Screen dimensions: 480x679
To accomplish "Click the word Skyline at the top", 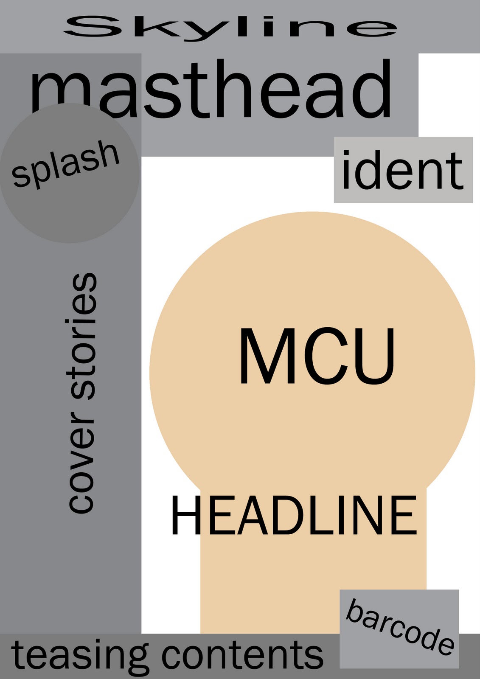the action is tap(230, 28).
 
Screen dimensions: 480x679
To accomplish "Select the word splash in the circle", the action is tap(66, 164).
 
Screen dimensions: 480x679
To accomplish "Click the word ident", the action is tap(402, 170).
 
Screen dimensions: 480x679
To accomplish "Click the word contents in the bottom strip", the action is tap(242, 655).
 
